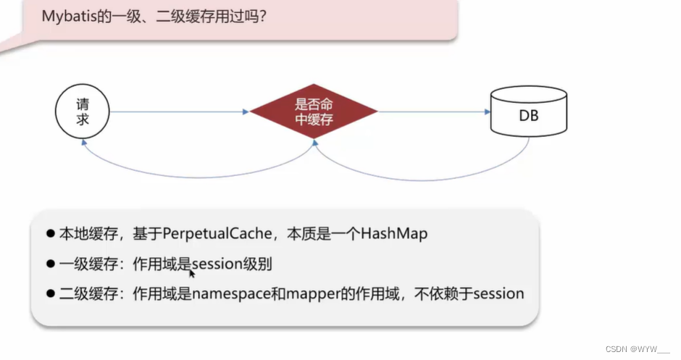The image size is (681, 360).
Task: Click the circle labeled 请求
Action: pos(83,112)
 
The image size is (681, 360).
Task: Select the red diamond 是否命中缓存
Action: pos(314,112)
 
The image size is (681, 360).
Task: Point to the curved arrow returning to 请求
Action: pos(196,170)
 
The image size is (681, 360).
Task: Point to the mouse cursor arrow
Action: pos(192,273)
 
